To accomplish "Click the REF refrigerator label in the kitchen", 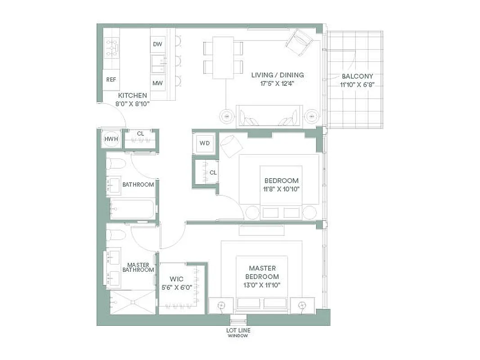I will click(111, 80).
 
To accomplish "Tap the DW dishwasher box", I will click(157, 44).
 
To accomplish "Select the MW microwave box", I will click(157, 83).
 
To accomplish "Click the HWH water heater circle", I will click(111, 139).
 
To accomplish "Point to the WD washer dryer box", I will click(205, 144).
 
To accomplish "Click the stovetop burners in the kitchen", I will click(112, 47).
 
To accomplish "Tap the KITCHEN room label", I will click(132, 95).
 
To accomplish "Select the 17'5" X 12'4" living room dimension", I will click(277, 83).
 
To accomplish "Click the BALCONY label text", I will click(357, 76).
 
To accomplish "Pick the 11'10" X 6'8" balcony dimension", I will click(357, 84).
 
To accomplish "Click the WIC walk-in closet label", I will click(176, 279).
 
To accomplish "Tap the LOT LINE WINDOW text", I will click(238, 333).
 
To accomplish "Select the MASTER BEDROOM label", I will click(263, 272).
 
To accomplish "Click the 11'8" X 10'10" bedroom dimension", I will click(281, 189).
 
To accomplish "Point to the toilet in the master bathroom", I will click(117, 234).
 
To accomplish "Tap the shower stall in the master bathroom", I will click(132, 302).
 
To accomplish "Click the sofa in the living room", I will click(269, 116).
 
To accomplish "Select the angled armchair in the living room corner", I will click(299, 41).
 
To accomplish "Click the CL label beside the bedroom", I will click(213, 172).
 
